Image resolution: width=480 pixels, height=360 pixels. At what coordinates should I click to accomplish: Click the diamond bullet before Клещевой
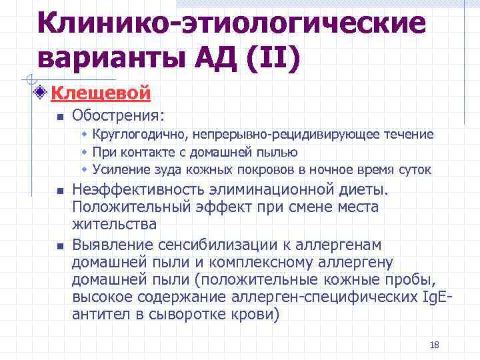pyautogui.click(x=41, y=92)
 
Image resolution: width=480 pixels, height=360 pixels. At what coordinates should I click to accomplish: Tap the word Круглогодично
pyautogui.click(x=131, y=135)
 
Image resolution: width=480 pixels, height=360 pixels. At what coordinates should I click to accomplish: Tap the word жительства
pyautogui.click(x=114, y=224)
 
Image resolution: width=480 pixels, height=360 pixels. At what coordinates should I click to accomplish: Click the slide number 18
pyautogui.click(x=435, y=345)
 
